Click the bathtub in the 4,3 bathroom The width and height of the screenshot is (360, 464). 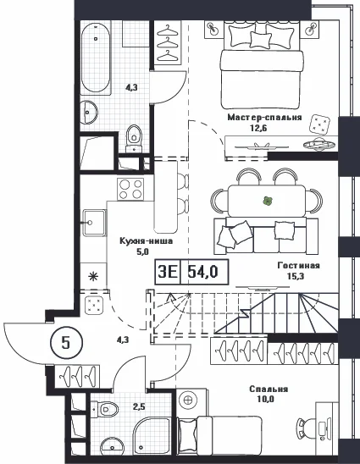point(96,58)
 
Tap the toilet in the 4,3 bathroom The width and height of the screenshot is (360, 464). point(134,139)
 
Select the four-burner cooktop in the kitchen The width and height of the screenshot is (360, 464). point(130,189)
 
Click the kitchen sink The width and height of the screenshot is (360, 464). point(94,223)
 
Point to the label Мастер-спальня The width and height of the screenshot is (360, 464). point(264,118)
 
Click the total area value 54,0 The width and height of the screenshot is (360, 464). point(203,271)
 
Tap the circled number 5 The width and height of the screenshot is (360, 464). point(66,343)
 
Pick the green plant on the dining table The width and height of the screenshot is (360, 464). point(268,202)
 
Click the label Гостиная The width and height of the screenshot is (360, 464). point(298,265)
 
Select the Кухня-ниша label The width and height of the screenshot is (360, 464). point(147,240)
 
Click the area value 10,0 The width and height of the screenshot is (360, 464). point(266,399)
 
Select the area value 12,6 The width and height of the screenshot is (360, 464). point(255,128)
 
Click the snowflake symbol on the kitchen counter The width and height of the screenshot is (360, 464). point(93,277)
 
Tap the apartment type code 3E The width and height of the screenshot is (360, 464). point(168,271)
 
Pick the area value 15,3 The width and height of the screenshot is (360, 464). point(296,276)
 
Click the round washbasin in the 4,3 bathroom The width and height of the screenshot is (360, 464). point(89,112)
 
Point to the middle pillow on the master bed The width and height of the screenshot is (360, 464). point(261,40)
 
